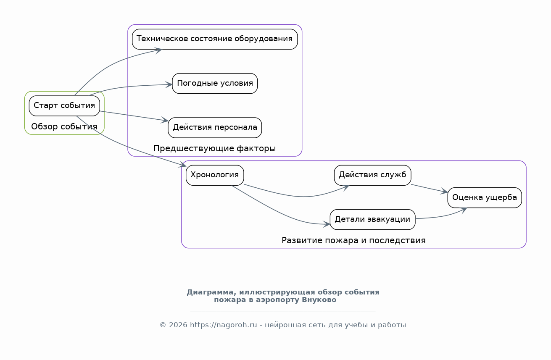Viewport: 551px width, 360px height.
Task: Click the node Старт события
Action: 64,105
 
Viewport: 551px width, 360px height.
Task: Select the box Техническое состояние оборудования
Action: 215,39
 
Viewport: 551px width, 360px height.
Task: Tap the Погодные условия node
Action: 215,83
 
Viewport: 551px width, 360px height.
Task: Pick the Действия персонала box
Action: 215,127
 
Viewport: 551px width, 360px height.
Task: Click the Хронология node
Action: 215,175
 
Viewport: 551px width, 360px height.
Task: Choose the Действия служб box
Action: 372,175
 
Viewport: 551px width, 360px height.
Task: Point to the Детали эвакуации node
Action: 372,219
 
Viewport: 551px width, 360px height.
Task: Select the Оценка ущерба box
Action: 485,197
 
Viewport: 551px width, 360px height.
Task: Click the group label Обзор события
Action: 64,126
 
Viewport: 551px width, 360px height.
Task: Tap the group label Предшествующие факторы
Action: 215,148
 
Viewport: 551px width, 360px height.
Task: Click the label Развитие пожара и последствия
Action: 353,240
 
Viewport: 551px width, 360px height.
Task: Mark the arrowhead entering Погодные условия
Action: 169,85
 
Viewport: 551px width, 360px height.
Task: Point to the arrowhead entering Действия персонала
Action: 165,121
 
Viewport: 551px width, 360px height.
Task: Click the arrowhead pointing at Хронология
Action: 183,166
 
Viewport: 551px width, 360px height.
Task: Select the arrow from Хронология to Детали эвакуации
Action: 277,213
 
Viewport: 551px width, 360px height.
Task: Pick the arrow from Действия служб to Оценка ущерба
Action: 429,189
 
